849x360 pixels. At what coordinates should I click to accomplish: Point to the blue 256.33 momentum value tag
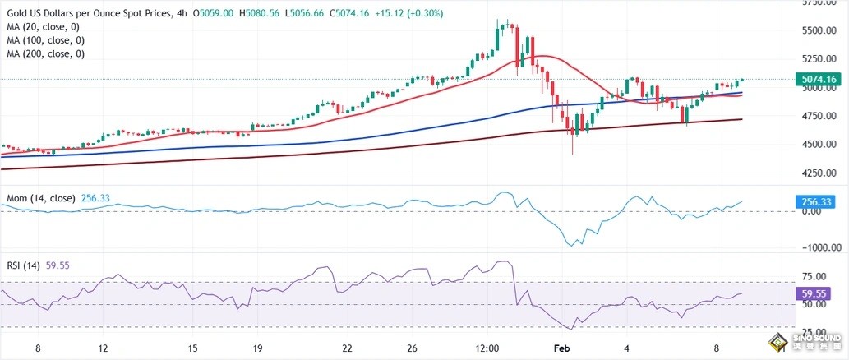click(817, 201)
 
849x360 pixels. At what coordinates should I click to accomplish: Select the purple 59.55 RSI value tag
click(817, 292)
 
